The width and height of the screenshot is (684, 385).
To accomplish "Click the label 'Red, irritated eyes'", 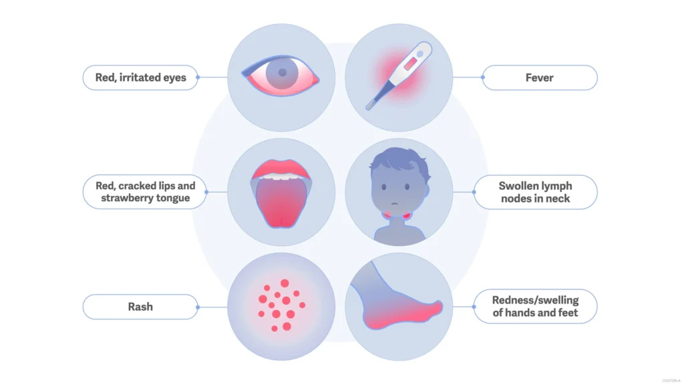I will [x=140, y=78].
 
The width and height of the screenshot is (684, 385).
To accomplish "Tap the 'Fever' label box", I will [x=539, y=78].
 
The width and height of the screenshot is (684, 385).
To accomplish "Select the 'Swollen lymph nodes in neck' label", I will [x=535, y=192].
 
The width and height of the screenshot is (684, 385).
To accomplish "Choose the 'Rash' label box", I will [x=140, y=307].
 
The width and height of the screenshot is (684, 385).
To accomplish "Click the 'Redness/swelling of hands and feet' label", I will [x=535, y=307].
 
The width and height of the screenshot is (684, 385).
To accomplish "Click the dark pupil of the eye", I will [x=283, y=72].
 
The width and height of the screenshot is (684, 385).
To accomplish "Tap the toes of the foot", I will [x=435, y=307].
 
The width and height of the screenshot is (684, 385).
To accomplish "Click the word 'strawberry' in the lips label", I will [x=126, y=199].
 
